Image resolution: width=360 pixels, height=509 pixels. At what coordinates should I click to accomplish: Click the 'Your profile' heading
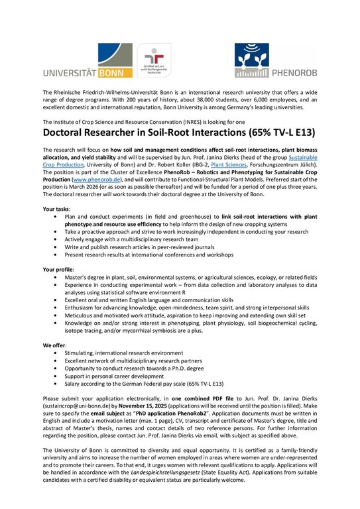(x=60, y=270)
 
